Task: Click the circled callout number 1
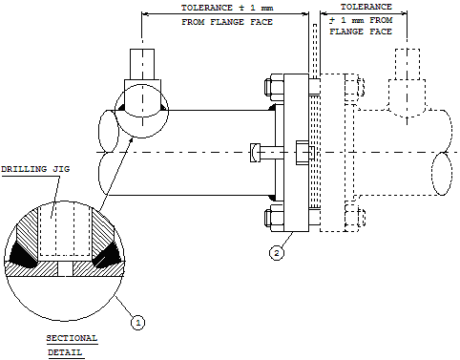137,323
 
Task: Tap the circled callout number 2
277,253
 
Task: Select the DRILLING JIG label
35,169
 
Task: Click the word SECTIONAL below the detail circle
72,338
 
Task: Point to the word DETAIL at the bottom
65,352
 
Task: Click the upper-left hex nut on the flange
274,85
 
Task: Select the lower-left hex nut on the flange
274,218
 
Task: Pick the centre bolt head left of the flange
255,153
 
